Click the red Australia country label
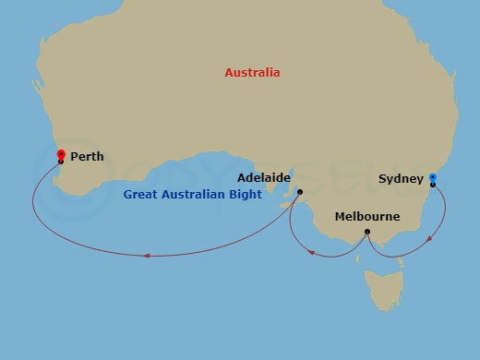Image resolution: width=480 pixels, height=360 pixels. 253,72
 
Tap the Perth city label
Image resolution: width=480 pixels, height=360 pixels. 87,157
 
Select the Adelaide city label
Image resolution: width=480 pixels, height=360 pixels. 264,176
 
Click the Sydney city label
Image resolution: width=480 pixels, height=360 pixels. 402,178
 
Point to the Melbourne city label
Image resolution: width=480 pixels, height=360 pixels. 367,217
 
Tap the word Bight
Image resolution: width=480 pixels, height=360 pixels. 245,195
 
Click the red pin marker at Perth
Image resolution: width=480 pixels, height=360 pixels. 61,155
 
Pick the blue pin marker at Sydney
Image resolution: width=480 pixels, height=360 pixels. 433,177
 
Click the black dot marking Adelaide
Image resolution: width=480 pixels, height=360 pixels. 300,192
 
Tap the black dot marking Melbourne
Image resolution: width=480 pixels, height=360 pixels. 367,232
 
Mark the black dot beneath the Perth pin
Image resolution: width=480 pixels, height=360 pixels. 61,162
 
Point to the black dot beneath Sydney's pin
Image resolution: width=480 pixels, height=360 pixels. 433,185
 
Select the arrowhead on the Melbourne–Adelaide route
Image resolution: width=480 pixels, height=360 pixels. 312,250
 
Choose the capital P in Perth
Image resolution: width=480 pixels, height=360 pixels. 74,157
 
